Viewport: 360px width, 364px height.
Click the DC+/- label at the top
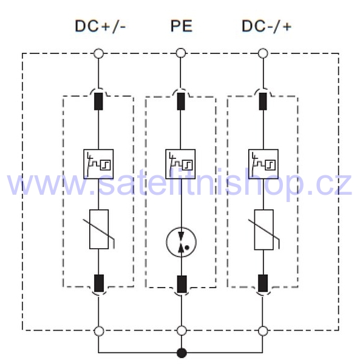100,26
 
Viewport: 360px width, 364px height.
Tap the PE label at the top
182,26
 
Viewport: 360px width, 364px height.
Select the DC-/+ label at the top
267,26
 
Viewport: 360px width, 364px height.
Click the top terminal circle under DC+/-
98,53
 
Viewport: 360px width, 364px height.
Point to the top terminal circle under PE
181,53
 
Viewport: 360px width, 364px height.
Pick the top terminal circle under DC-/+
263,53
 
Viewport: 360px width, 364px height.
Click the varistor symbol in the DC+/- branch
99,229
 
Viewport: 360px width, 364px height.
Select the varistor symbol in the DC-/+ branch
264,229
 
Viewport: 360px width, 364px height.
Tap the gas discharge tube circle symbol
181,242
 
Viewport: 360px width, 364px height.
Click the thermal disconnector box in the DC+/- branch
98,164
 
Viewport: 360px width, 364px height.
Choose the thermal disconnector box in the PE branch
180,164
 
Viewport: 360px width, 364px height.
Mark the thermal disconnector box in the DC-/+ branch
263,164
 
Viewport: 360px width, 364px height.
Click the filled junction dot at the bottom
182,353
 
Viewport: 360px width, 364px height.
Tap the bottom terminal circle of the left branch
99,331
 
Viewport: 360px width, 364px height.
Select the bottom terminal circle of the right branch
263,331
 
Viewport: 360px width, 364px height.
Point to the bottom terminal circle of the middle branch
182,331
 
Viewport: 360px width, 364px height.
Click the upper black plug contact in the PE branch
181,101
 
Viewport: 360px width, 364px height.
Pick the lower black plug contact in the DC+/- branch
99,283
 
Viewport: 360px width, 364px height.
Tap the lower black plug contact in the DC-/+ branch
263,283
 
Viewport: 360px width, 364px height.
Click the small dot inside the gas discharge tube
187,248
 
